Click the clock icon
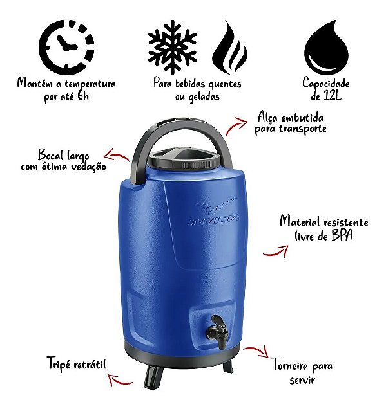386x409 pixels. point(66,47)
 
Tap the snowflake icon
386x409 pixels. point(172,46)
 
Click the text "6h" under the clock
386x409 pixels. point(83,96)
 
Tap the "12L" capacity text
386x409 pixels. point(333,96)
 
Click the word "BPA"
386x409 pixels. point(342,235)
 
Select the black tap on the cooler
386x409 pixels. point(218,332)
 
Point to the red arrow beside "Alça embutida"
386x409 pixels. point(236,126)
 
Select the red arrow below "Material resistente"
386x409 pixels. point(276,251)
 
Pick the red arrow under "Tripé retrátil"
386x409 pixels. point(119,380)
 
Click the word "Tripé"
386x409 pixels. point(59,363)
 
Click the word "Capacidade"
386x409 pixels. point(325,83)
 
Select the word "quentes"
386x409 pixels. point(224,84)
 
